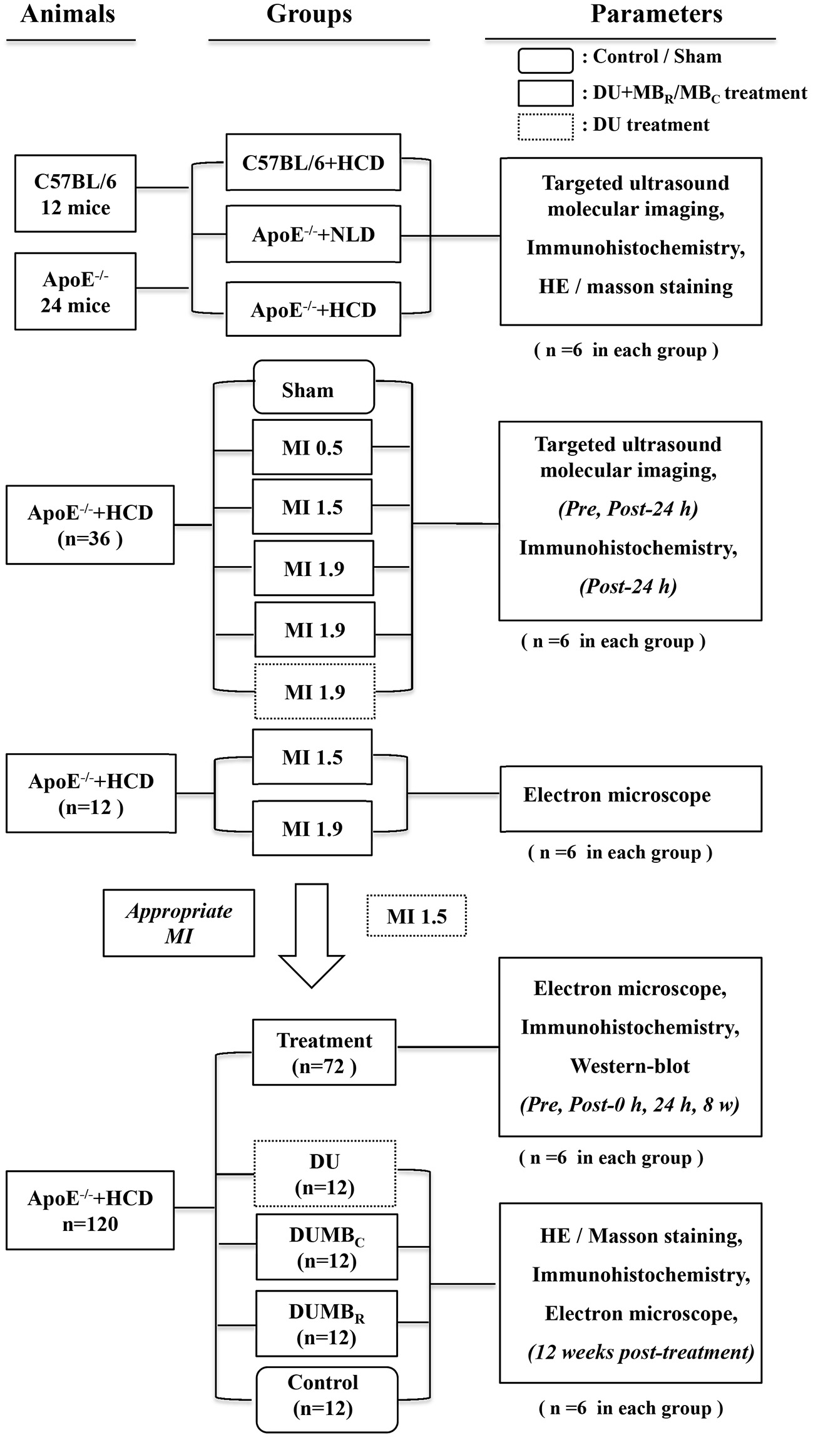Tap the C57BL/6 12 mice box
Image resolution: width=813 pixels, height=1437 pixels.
pos(75,194)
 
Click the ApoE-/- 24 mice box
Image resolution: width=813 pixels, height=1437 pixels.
pos(75,291)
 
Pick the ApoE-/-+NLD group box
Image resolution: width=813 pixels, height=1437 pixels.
pos(313,235)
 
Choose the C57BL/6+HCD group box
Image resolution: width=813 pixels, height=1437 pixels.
pos(313,162)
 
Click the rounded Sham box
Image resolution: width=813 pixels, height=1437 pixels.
pos(313,388)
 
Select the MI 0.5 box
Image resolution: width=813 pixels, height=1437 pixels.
pos(312,447)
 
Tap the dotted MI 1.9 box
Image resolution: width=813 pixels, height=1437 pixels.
pos(314,691)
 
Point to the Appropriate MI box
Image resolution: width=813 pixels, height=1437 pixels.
pos(178,923)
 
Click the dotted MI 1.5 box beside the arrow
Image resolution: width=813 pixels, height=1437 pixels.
pos(416,917)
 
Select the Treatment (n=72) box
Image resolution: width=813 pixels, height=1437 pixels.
pos(324,1053)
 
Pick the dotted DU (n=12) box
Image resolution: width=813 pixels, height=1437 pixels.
pos(324,1174)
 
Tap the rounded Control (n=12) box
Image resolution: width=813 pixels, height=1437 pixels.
pos(326,1399)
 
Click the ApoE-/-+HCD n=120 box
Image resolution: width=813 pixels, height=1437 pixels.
pos(90,1210)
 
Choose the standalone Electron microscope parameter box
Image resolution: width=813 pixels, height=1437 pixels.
pos(630,798)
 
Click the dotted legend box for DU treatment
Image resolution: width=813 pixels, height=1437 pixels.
pos(545,126)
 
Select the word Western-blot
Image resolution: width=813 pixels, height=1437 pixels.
pos(630,1066)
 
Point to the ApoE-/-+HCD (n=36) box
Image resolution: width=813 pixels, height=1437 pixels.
pos(90,525)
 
